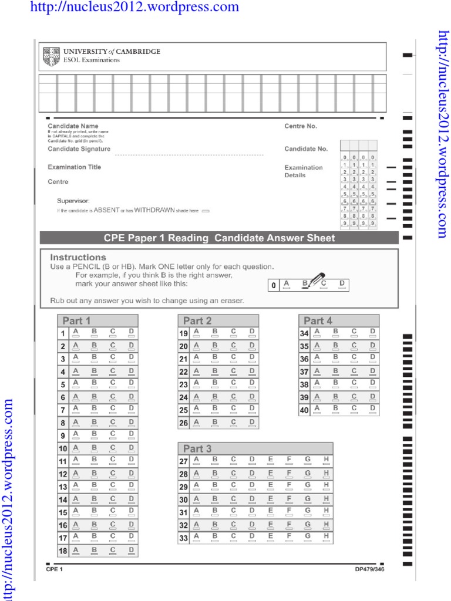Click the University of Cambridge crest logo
pyautogui.click(x=52, y=56)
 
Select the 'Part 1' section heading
pyautogui.click(x=77, y=320)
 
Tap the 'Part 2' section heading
pyautogui.click(x=197, y=320)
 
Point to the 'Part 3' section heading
pyautogui.click(x=197, y=448)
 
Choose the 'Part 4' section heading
pyautogui.click(x=318, y=320)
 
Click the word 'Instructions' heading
pyautogui.click(x=78, y=257)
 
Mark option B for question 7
pyautogui.click(x=93, y=409)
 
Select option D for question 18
pyautogui.click(x=131, y=551)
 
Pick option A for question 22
pyautogui.click(x=197, y=372)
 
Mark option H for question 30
pyautogui.click(x=326, y=500)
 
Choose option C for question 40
pyautogui.click(x=354, y=410)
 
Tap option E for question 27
pyautogui.click(x=270, y=461)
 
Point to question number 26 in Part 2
pyautogui.click(x=184, y=423)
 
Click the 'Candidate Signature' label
pyautogui.click(x=79, y=149)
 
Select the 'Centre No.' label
pyautogui.click(x=301, y=126)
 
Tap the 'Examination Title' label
pyautogui.click(x=75, y=167)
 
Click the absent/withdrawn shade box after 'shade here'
pyautogui.click(x=206, y=210)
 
